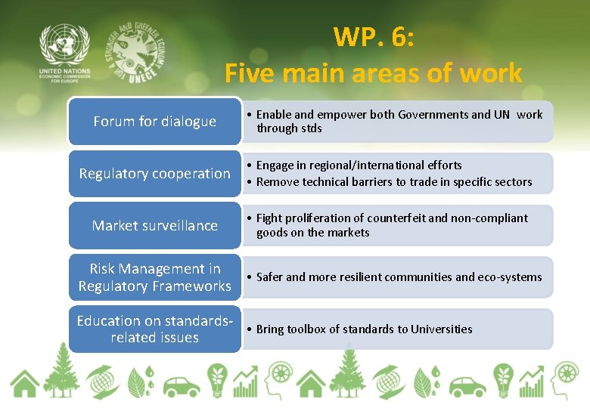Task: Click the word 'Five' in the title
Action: (x=253, y=73)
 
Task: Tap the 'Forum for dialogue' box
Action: (x=154, y=122)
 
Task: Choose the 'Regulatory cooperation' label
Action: (x=154, y=174)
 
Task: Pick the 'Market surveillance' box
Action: (x=154, y=226)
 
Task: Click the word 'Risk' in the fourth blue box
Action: (x=105, y=269)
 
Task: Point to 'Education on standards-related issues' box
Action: (x=154, y=329)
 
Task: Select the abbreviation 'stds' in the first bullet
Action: (x=310, y=128)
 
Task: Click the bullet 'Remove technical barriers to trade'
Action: (x=393, y=182)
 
